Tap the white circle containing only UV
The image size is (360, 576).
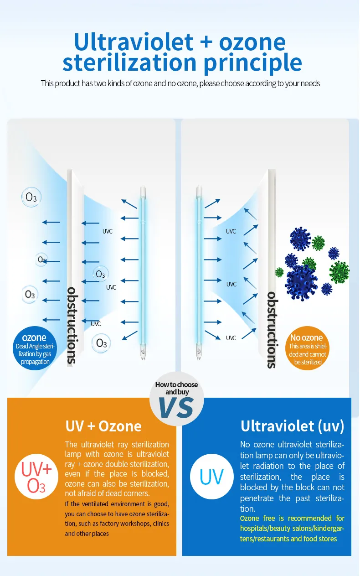[211, 477]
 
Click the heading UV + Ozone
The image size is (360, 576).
[103, 426]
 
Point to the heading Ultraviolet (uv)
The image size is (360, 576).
[292, 426]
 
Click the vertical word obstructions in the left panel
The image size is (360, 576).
[72, 325]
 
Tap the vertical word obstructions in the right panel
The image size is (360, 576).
[271, 329]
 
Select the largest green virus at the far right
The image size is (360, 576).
[339, 272]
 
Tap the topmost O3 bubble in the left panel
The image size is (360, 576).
[31, 197]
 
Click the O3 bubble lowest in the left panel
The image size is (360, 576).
[101, 343]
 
